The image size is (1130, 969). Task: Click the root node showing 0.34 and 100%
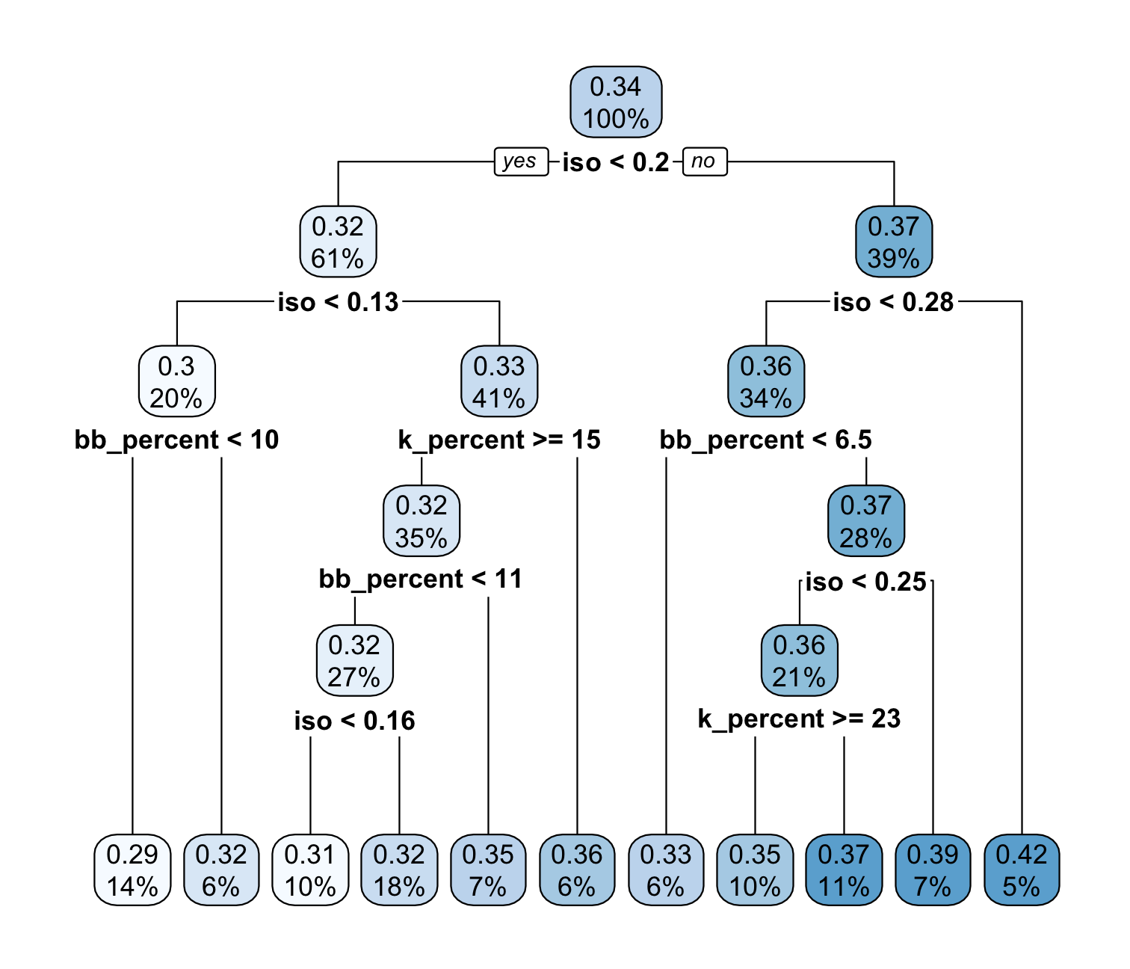pyautogui.click(x=616, y=102)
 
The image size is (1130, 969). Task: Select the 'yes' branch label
pyautogui.click(x=521, y=161)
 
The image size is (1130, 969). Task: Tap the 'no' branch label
pyautogui.click(x=705, y=161)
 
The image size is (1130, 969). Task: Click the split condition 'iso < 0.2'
pyautogui.click(x=616, y=162)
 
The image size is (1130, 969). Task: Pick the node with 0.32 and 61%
pyautogui.click(x=338, y=242)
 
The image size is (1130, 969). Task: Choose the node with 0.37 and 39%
pyautogui.click(x=894, y=242)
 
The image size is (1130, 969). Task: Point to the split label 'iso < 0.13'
pyautogui.click(x=338, y=302)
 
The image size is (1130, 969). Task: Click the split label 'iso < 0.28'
pyautogui.click(x=893, y=302)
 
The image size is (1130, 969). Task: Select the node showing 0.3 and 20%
pyautogui.click(x=176, y=381)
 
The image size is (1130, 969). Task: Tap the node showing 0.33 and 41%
pyautogui.click(x=499, y=381)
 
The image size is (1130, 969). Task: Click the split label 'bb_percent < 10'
pyautogui.click(x=176, y=440)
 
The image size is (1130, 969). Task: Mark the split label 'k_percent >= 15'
pyautogui.click(x=499, y=440)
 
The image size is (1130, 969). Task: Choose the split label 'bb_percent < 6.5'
pyautogui.click(x=765, y=440)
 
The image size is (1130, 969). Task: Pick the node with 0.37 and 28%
pyautogui.click(x=866, y=520)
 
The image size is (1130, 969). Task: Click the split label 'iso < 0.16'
pyautogui.click(x=355, y=721)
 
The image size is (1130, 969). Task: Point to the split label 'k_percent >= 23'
pyautogui.click(x=799, y=719)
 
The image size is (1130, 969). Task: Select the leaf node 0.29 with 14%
pyautogui.click(x=132, y=870)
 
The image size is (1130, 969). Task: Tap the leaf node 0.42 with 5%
pyautogui.click(x=1022, y=870)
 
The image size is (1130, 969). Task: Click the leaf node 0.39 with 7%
pyautogui.click(x=933, y=870)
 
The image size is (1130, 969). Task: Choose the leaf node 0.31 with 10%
pyautogui.click(x=310, y=870)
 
